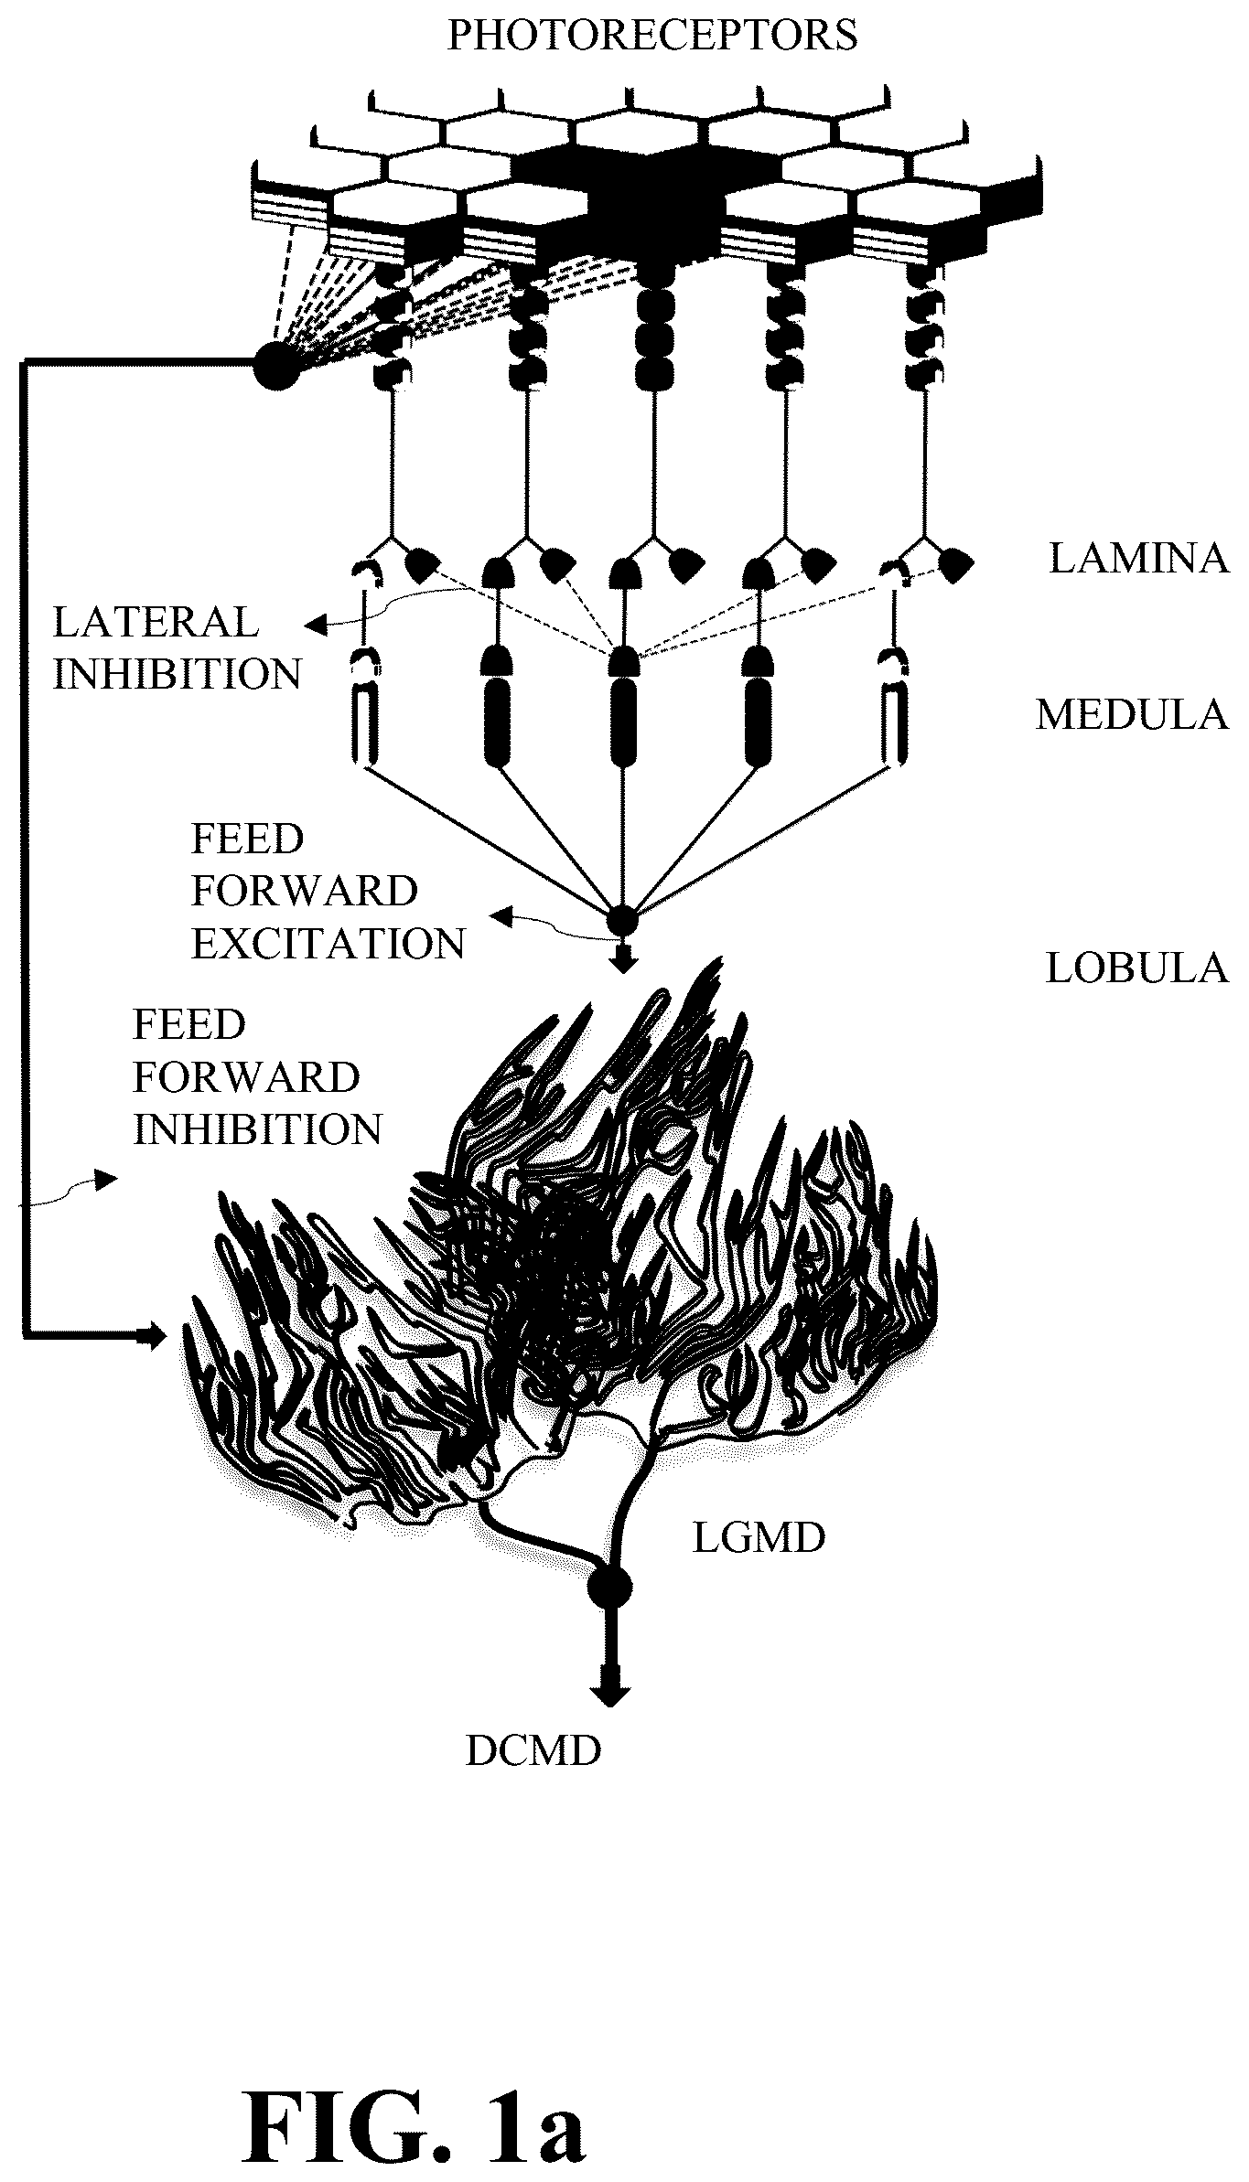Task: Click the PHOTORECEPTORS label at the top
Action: pos(651,35)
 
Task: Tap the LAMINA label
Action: pos(1138,558)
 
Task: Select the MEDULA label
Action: pos(1132,714)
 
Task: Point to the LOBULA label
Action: pos(1136,968)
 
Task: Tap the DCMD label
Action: pos(533,1750)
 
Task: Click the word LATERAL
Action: pos(156,623)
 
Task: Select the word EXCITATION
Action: pos(328,944)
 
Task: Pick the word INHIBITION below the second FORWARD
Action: pos(258,1129)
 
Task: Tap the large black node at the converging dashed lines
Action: pos(275,365)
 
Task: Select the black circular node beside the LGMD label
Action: pos(609,1588)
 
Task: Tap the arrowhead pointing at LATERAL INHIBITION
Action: pos(315,626)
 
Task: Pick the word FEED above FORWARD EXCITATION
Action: pos(247,840)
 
